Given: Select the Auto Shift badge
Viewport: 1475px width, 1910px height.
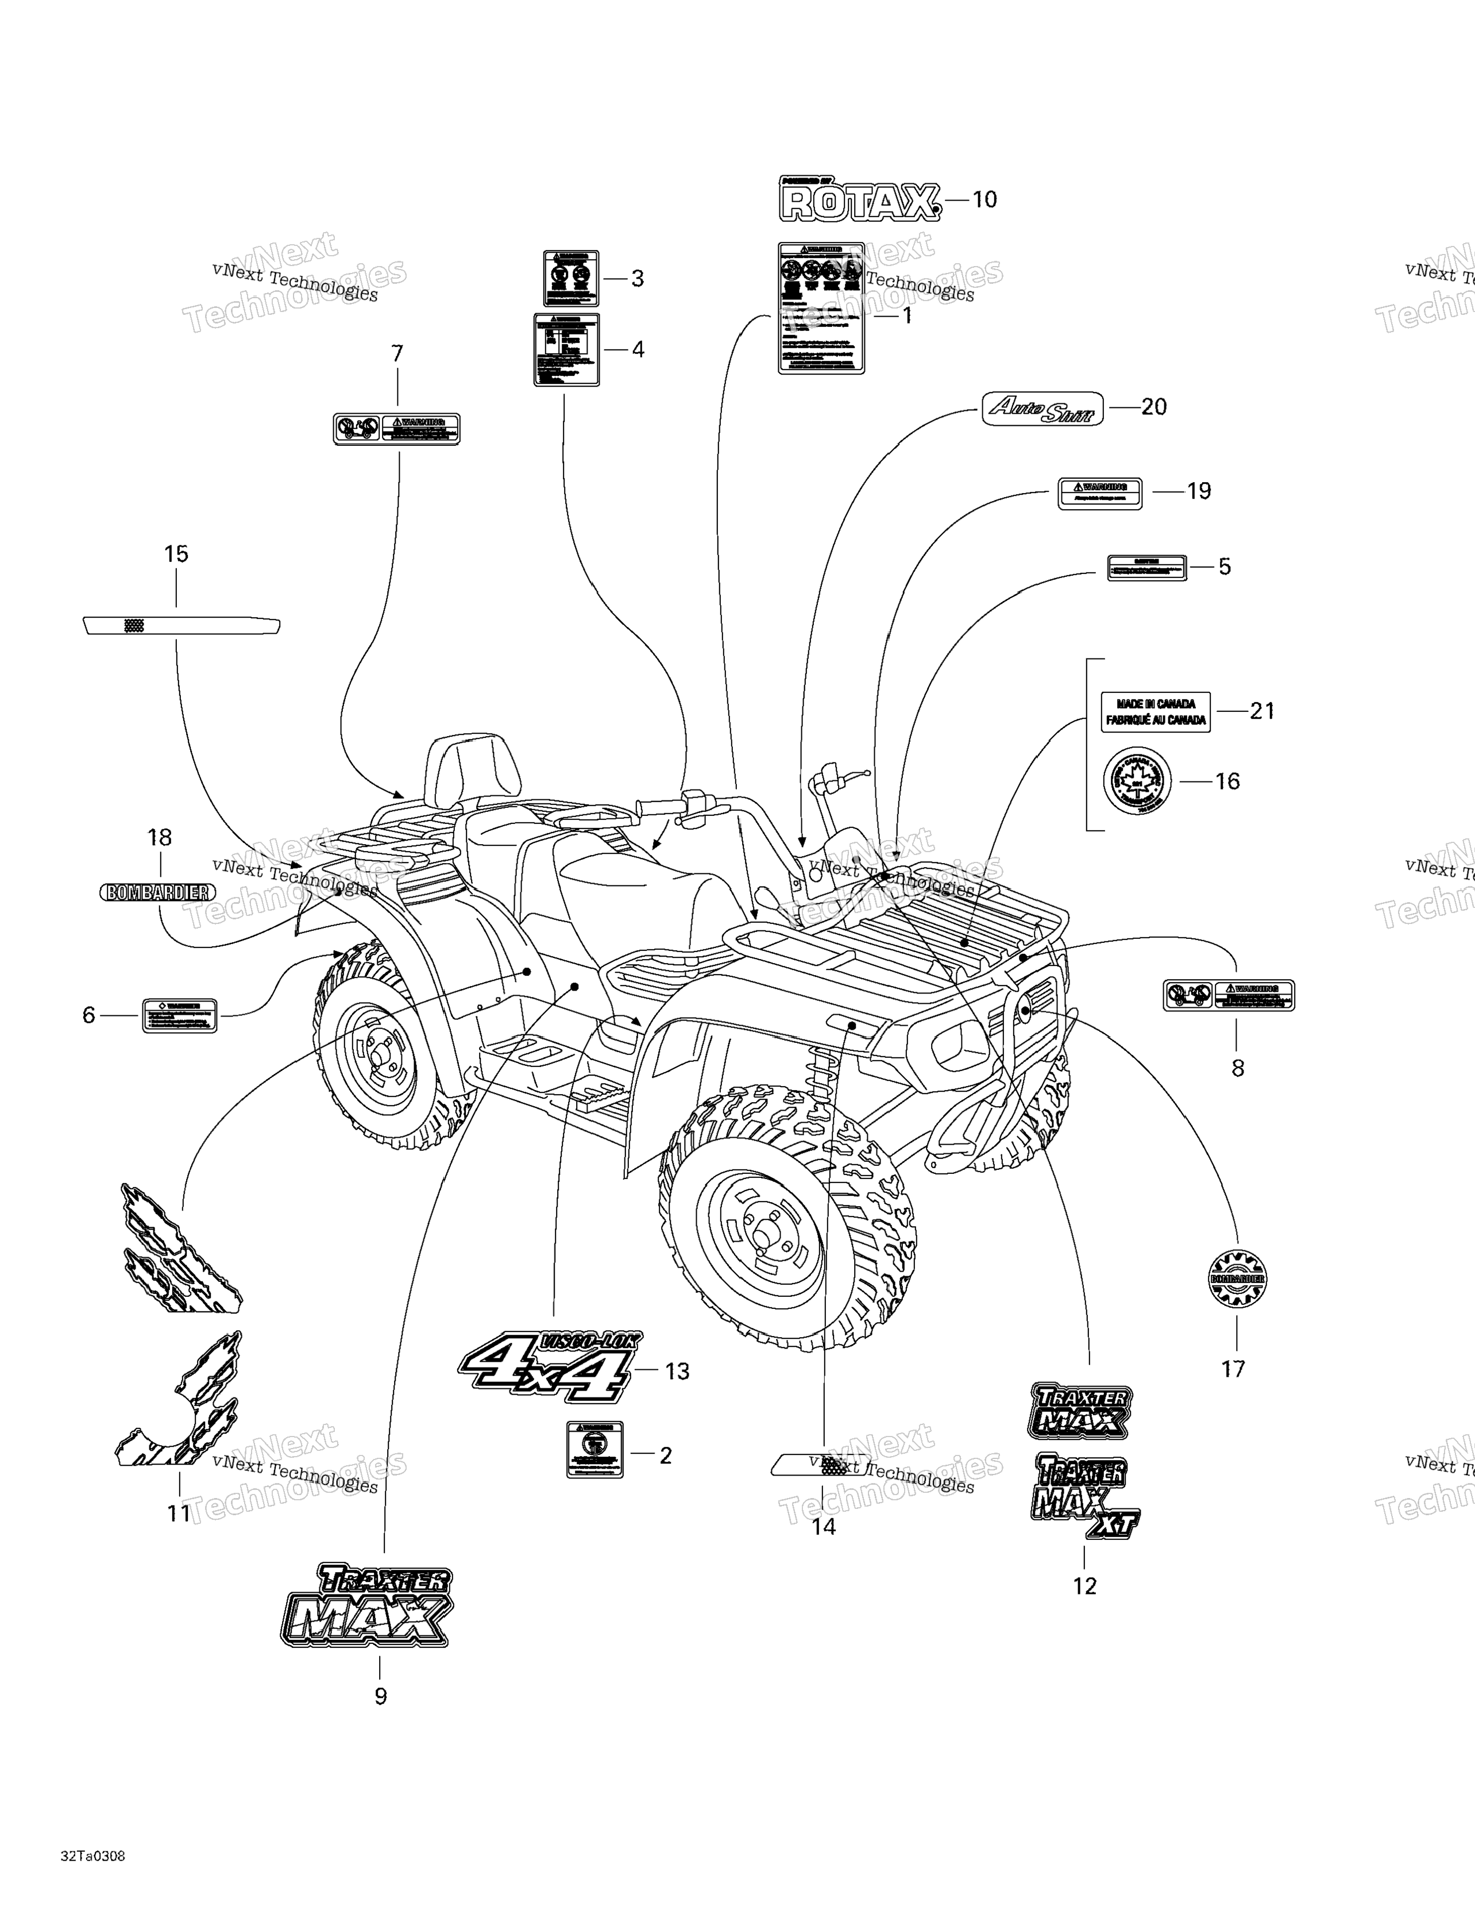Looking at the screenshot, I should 1042,409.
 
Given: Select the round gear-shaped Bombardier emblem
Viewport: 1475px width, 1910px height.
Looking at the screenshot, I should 1236,1278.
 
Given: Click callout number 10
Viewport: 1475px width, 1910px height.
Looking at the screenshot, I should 984,201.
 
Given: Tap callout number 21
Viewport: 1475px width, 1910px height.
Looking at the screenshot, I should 1262,711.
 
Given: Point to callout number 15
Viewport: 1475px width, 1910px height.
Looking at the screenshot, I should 176,553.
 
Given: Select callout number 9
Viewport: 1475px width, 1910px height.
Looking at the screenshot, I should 380,1696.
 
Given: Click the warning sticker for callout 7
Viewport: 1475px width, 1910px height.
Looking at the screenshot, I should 396,429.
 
